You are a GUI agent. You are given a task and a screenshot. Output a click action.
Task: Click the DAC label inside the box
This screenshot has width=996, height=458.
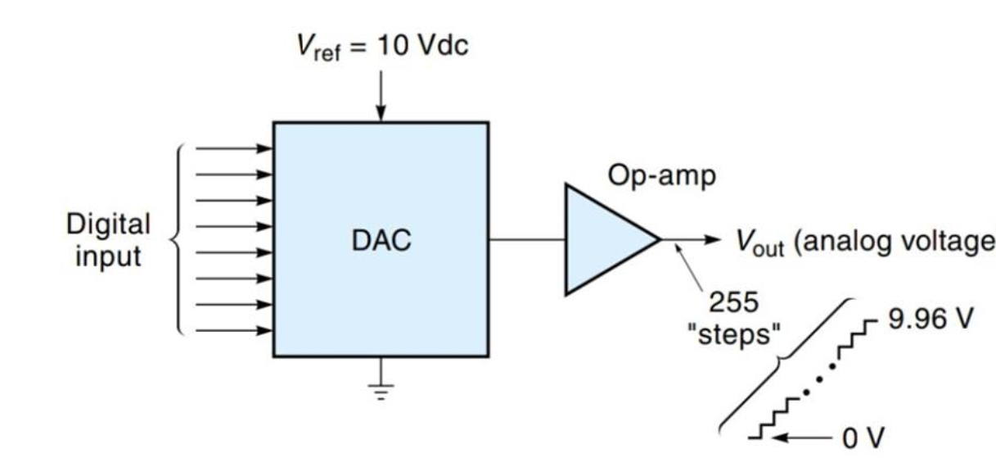[381, 242]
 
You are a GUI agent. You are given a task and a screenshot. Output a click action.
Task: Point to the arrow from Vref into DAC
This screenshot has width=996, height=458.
[380, 95]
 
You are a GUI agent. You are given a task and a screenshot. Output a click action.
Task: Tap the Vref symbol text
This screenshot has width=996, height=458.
[318, 48]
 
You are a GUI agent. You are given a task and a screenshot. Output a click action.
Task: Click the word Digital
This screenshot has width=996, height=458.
[108, 224]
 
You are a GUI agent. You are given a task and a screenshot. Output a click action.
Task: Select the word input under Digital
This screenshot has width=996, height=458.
[108, 256]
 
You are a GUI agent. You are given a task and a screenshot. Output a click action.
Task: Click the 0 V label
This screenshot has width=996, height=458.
[863, 438]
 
